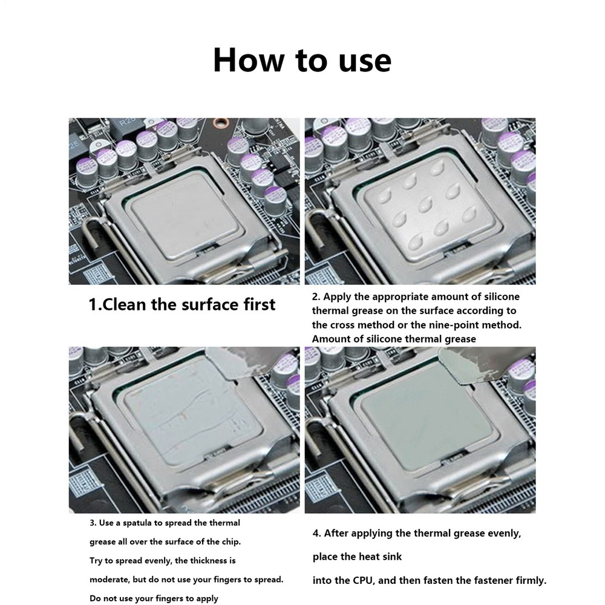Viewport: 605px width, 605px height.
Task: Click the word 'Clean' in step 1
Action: [125, 304]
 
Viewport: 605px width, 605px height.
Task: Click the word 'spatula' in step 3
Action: [134, 523]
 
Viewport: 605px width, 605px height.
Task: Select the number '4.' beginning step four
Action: [316, 533]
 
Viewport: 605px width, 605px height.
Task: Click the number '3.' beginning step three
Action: [93, 523]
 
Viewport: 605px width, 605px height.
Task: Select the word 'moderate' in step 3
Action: [108, 580]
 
